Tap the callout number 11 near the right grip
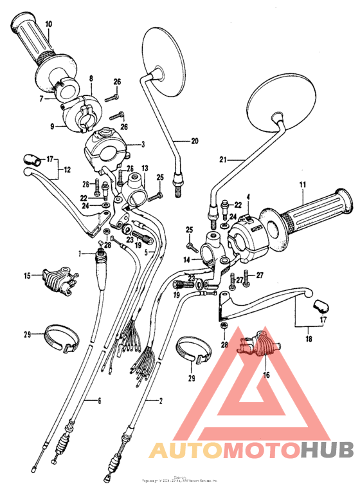click(x=300, y=187)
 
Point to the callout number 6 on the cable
click(x=100, y=401)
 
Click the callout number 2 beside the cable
click(x=160, y=400)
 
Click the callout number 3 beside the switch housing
click(x=143, y=145)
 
